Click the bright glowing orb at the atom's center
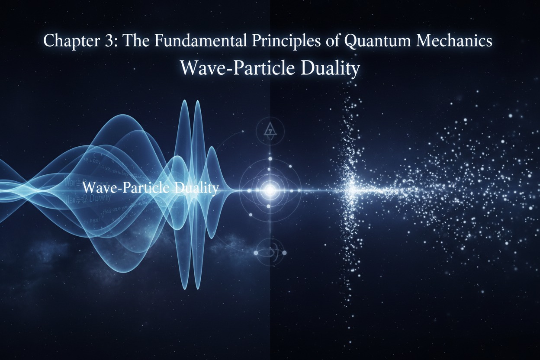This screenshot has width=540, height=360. point(270,189)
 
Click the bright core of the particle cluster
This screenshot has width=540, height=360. point(351,188)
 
